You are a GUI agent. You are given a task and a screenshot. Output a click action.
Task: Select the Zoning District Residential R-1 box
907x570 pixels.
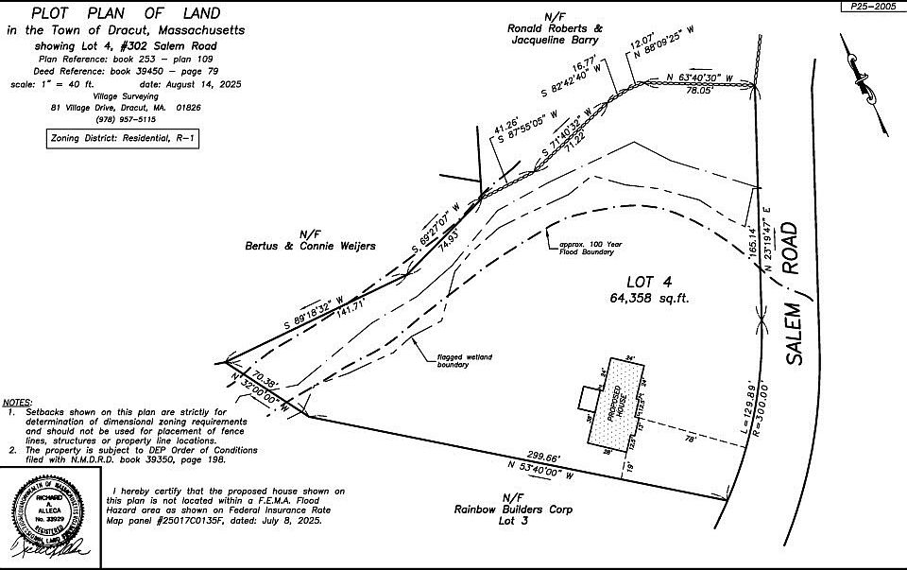[124, 139]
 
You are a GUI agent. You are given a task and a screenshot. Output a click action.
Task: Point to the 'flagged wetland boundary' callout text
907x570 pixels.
[464, 360]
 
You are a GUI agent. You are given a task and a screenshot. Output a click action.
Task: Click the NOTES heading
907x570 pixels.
[19, 402]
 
